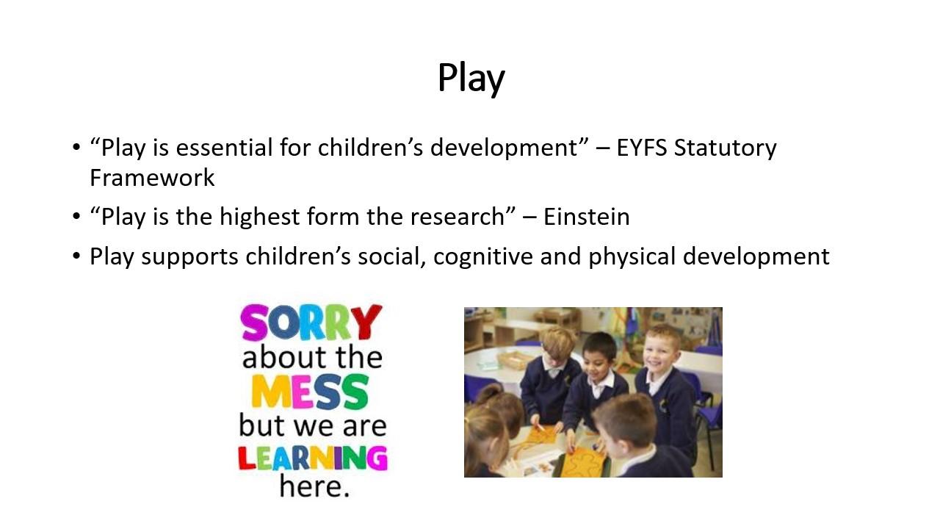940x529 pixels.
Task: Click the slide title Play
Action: pyautogui.click(x=471, y=78)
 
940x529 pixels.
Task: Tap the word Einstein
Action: pyautogui.click(x=587, y=217)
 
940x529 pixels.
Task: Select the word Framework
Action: pyautogui.click(x=152, y=178)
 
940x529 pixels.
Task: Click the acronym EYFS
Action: pyautogui.click(x=642, y=148)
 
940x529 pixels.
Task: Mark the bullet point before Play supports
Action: pyautogui.click(x=76, y=256)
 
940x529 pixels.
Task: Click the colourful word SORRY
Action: pyautogui.click(x=311, y=322)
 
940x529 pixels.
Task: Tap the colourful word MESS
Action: pyautogui.click(x=310, y=392)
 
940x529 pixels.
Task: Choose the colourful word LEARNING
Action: pyautogui.click(x=313, y=458)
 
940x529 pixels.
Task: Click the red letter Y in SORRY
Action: pyautogui.click(x=366, y=322)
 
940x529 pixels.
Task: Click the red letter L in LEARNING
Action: pyautogui.click(x=247, y=458)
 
